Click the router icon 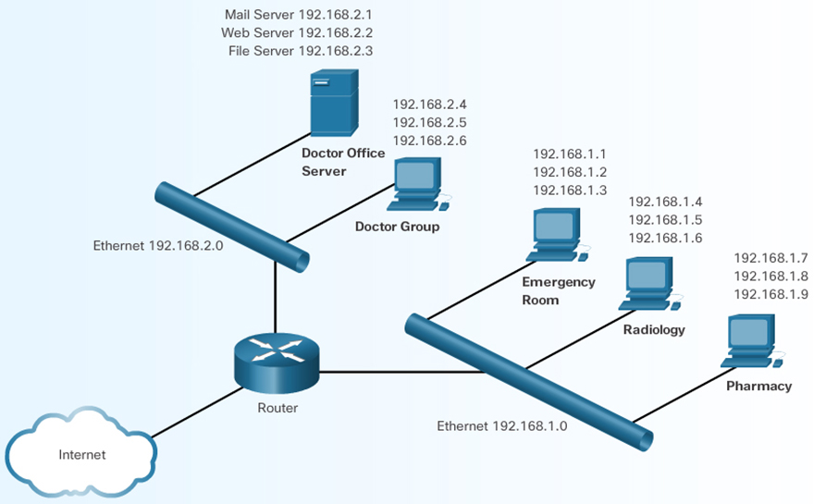(276, 358)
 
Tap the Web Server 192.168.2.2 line (298, 33)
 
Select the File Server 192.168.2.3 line (301, 51)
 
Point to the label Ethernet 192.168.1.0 (501, 426)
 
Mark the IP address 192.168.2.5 (429, 123)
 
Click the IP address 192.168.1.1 (570, 154)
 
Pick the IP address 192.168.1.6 (665, 238)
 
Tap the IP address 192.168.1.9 (771, 294)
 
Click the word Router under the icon (277, 407)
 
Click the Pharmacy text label (758, 386)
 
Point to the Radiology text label (653, 329)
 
